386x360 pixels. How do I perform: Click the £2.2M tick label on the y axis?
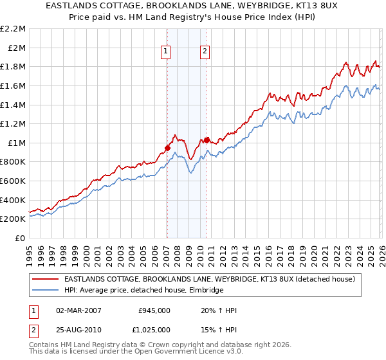(13, 29)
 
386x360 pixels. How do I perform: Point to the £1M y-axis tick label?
(16, 143)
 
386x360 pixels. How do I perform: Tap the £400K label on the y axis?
(13, 200)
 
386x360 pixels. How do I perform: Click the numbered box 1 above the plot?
(166, 52)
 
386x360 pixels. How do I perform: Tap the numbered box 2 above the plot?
(205, 52)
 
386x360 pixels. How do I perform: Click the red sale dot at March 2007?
(167, 148)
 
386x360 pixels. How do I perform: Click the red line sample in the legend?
(46, 280)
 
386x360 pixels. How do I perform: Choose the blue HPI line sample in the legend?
(46, 291)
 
